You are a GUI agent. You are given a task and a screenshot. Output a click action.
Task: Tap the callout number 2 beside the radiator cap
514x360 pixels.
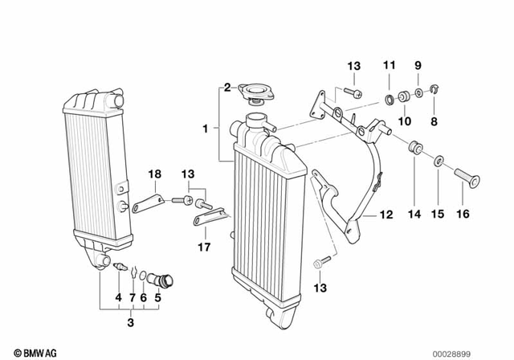click(227, 87)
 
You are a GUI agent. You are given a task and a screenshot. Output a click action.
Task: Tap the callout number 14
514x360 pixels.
click(414, 215)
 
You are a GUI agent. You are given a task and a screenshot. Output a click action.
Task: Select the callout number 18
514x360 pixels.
click(153, 174)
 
